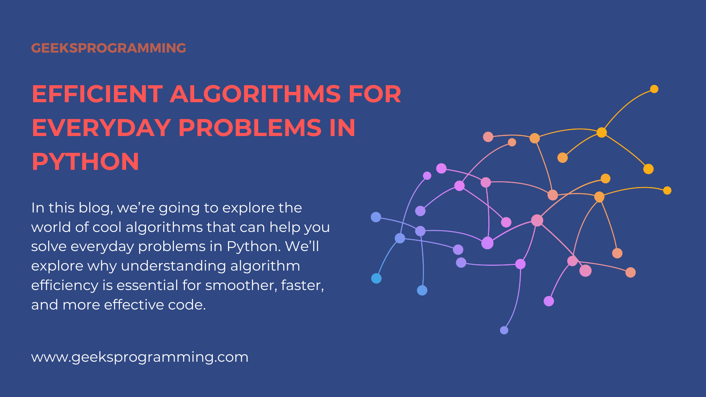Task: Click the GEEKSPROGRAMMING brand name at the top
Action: tap(108, 48)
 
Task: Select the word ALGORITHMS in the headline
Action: tap(255, 94)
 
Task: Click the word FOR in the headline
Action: tap(375, 94)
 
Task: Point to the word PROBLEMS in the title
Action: tap(250, 128)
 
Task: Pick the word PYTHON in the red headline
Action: tap(85, 162)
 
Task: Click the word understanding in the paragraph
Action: tap(174, 266)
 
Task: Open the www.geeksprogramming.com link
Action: tap(140, 357)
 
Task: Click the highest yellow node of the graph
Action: tap(654, 89)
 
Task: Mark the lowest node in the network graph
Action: tap(504, 330)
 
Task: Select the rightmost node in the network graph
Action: tap(667, 190)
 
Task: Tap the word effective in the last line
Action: tap(134, 305)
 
